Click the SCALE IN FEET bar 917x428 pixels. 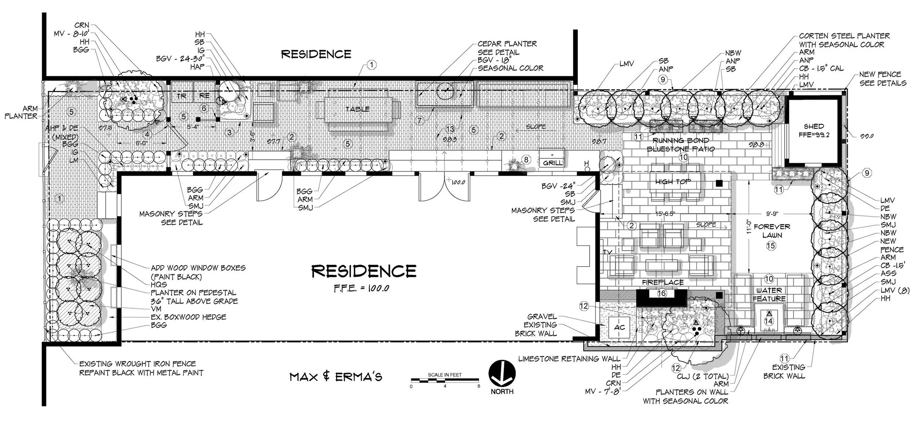coord(445,380)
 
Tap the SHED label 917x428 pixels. coord(813,127)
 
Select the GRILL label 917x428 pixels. coord(552,163)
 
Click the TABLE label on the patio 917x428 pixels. coord(357,109)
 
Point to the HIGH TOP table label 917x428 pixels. coord(673,182)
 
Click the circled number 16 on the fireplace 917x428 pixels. coord(661,293)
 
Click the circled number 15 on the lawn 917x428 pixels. coord(771,245)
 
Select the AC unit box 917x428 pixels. coord(619,327)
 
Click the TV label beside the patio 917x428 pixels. coord(607,252)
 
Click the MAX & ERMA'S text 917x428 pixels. coord(336,377)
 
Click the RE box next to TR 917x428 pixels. coord(204,96)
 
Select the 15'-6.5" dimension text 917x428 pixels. coord(665,214)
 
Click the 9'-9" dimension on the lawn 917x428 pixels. coord(772,213)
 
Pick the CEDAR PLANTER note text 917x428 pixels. coord(507,44)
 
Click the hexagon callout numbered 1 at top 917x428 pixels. coord(371,65)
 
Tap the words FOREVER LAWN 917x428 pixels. coord(772,231)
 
